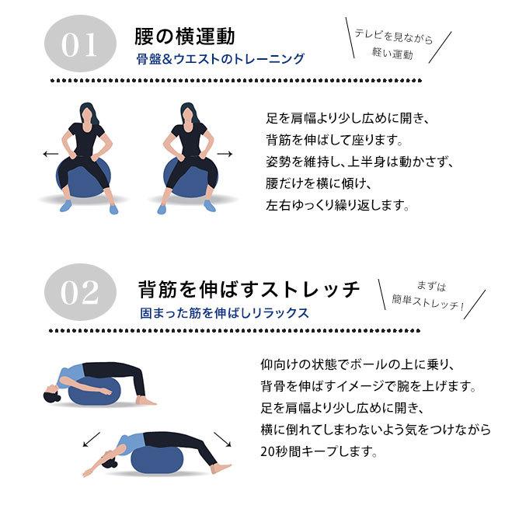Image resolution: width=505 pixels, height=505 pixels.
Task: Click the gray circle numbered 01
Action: pyautogui.click(x=80, y=45)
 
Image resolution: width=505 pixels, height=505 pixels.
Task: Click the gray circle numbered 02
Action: pyautogui.click(x=80, y=292)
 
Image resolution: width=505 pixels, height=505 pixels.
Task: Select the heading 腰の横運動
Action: pyautogui.click(x=186, y=36)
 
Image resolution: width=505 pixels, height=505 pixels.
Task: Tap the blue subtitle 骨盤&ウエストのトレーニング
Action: pyautogui.click(x=220, y=59)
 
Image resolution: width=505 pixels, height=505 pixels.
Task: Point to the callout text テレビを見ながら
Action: pyautogui.click(x=393, y=36)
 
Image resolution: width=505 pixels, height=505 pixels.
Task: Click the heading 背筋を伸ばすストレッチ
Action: pyautogui.click(x=249, y=289)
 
